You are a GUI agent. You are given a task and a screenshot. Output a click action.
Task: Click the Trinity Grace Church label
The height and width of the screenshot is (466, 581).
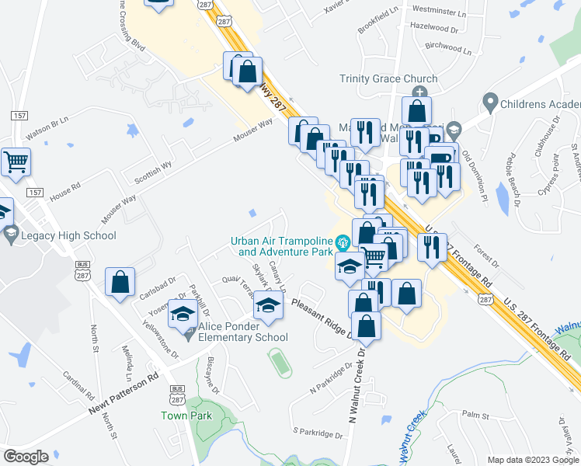[x=380, y=78]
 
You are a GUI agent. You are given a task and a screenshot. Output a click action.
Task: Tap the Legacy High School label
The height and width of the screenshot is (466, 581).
[x=68, y=235]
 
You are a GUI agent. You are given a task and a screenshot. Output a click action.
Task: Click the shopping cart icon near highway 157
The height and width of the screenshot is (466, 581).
[x=16, y=162]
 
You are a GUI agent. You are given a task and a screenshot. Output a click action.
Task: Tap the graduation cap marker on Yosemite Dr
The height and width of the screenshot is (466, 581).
[x=183, y=315]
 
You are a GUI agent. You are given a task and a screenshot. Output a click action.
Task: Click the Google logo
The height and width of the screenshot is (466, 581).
[x=26, y=456]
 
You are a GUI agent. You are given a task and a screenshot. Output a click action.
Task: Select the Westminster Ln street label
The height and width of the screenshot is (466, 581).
[x=439, y=13]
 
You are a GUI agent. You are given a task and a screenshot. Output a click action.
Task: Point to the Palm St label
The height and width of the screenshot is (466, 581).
[x=473, y=416]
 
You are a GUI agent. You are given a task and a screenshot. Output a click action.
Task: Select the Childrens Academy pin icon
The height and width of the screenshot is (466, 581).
[x=489, y=101]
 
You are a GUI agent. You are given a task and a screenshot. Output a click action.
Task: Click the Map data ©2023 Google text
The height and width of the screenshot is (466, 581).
[x=532, y=458]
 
